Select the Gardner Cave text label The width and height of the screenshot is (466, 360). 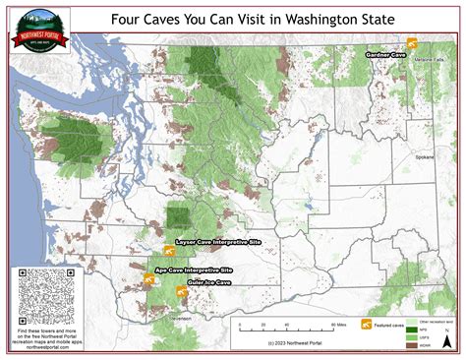pos(385,56)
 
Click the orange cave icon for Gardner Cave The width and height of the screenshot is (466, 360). pos(412,43)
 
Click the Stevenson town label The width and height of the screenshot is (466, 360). pos(178,318)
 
